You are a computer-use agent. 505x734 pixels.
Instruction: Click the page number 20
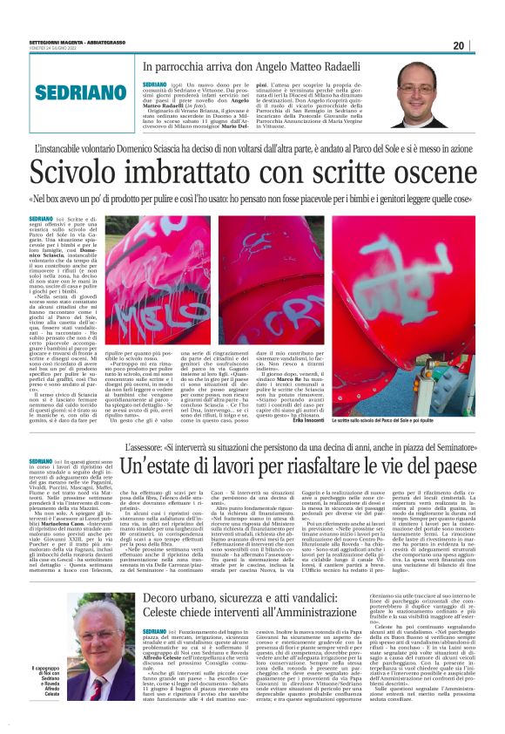click(484, 46)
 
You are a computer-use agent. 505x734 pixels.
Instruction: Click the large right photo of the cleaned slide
click(403, 275)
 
